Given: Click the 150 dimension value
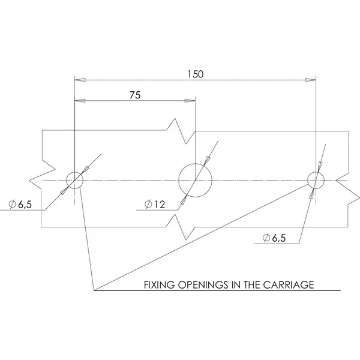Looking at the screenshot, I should click(195, 74).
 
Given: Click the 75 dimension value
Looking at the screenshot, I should click(135, 95).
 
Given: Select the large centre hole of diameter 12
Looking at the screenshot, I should click(196, 179).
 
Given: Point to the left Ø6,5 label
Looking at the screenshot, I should click(20, 205).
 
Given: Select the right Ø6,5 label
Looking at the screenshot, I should click(274, 238).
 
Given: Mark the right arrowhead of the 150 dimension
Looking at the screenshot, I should click(310, 80).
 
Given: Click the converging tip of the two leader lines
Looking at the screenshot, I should click(94, 290).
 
